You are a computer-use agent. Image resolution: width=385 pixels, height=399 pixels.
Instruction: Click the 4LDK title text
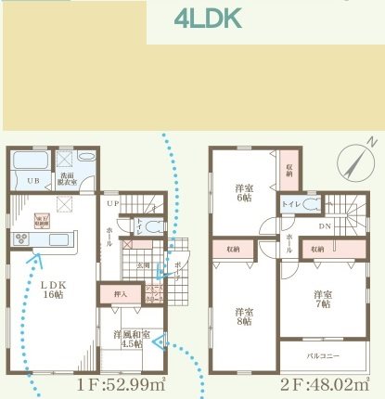tap(209, 19)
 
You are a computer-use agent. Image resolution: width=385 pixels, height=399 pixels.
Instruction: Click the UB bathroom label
tap(31, 180)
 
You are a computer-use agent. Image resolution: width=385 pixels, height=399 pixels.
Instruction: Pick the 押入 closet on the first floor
tap(120, 294)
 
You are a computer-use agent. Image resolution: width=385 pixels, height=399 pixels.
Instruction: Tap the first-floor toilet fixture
tap(153, 225)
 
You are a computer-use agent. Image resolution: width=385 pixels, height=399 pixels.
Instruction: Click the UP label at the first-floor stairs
tap(112, 201)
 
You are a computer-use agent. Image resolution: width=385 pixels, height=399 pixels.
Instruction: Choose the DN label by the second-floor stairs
tap(326, 225)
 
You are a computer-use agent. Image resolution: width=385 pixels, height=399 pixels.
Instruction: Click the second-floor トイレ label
tap(289, 202)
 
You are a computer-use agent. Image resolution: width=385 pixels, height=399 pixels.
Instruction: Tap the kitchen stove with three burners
tap(21, 241)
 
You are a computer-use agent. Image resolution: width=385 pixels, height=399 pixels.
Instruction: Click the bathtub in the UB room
tap(30, 160)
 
